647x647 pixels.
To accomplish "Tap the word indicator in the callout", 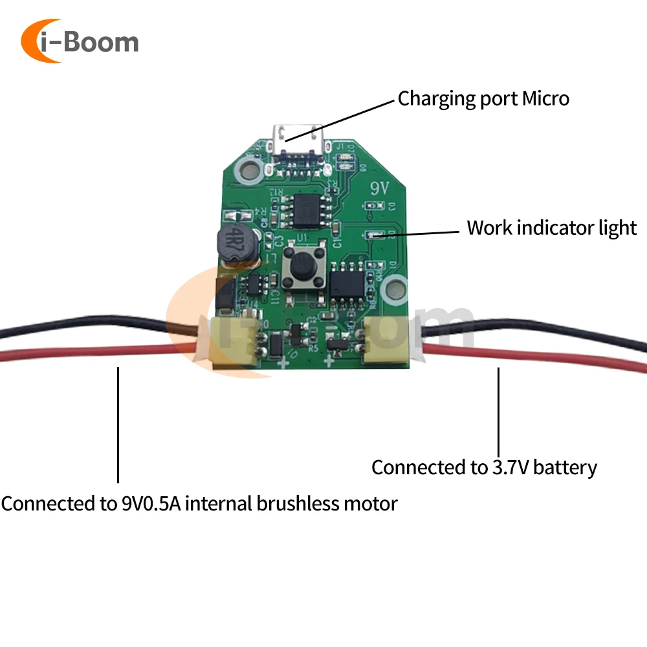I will point(551,228).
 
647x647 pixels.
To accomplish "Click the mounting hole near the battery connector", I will point(395,287).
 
